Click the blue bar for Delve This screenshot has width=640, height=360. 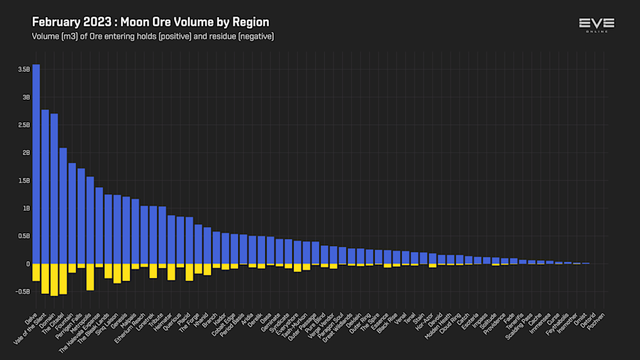tap(36, 164)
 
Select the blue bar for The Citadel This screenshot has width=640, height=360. tap(63, 206)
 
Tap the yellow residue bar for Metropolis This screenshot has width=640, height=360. tap(90, 277)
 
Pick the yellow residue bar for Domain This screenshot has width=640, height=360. tap(54, 280)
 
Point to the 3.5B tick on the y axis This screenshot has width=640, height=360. tap(24, 70)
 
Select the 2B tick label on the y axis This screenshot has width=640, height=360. tap(26, 153)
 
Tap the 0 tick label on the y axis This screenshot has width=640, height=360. tap(28, 264)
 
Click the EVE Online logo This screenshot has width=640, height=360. tap(597, 26)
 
